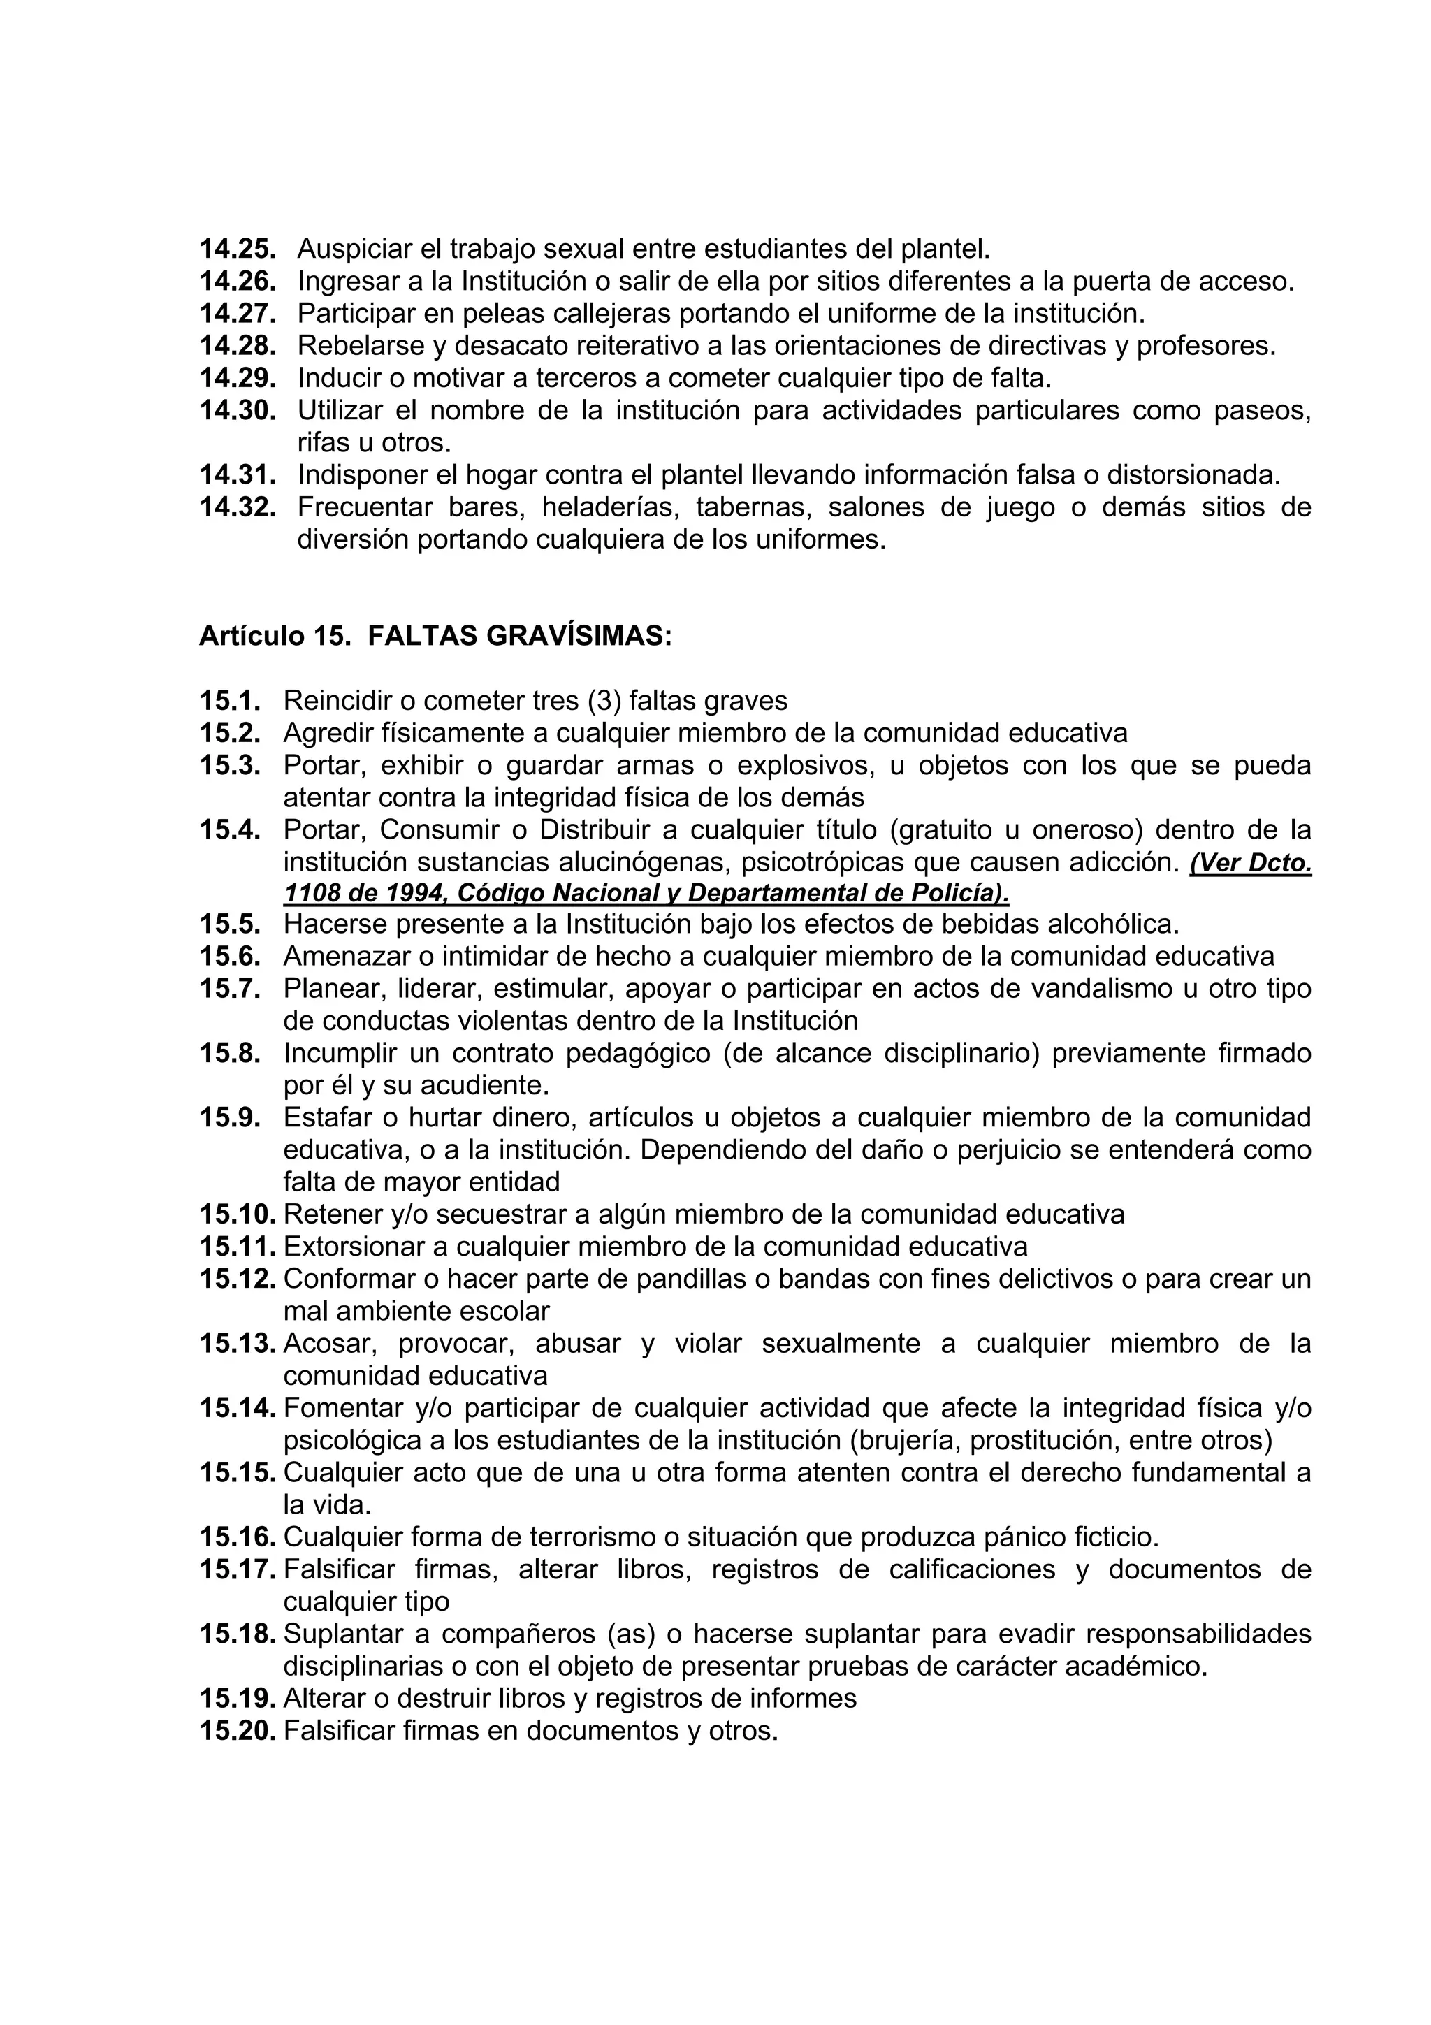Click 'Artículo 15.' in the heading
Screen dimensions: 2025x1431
point(275,636)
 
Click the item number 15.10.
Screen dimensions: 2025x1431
point(238,1214)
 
